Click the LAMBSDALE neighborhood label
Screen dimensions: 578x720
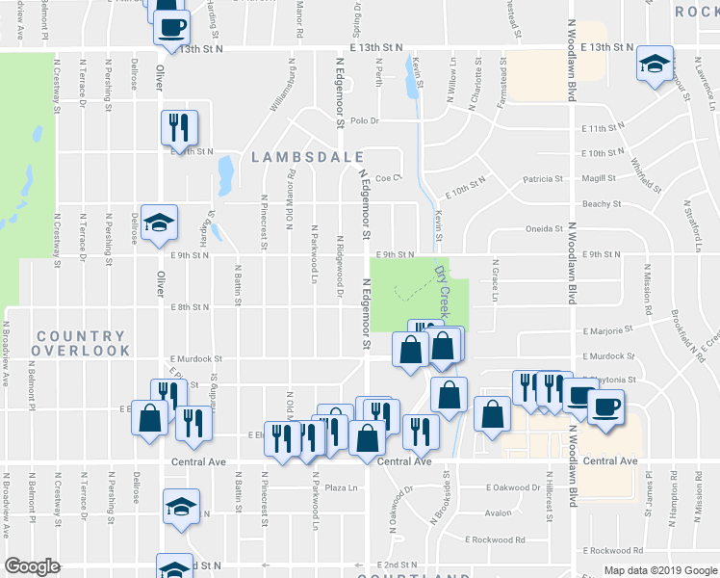tap(308, 157)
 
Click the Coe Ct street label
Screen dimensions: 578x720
tap(387, 177)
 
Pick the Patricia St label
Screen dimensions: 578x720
tap(543, 178)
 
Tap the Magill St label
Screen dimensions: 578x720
tap(599, 178)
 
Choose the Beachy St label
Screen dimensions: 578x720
tap(601, 203)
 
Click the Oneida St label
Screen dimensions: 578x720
tap(545, 229)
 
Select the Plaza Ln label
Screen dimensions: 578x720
tap(341, 487)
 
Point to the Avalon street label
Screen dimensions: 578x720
tap(499, 512)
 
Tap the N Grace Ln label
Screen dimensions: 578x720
tap(495, 279)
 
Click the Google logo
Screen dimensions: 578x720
tap(32, 566)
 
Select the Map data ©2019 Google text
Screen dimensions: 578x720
tap(660, 570)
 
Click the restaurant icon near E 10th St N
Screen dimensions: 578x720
tap(179, 127)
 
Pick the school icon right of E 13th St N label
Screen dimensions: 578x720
tap(655, 65)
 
